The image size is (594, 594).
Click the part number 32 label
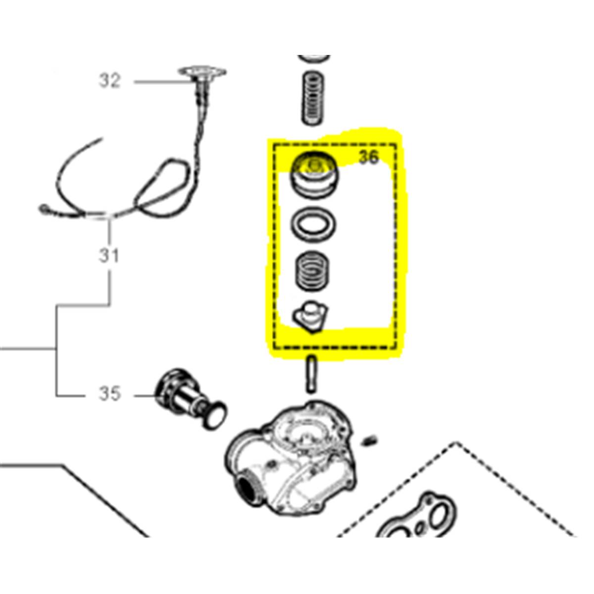pyautogui.click(x=109, y=81)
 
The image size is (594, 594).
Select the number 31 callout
pyautogui.click(x=109, y=256)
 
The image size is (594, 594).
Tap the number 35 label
pyautogui.click(x=109, y=394)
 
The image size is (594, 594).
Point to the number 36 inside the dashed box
pyautogui.click(x=368, y=157)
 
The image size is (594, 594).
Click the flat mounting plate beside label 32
pyautogui.click(x=202, y=72)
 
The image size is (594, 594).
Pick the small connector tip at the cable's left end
pyautogui.click(x=44, y=209)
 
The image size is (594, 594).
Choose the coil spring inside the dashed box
pyautogui.click(x=312, y=272)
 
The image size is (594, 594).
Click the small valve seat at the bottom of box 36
pyautogui.click(x=310, y=317)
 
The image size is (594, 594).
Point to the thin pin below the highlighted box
pyautogui.click(x=311, y=374)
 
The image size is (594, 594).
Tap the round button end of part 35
pyautogui.click(x=215, y=415)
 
